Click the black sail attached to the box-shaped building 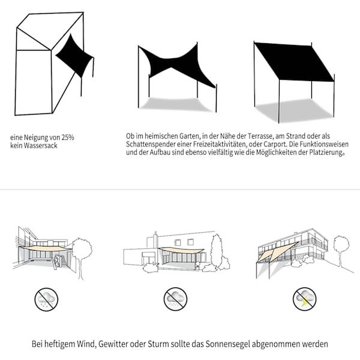click(74, 56)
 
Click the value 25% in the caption click(68, 137)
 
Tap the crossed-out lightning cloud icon click(304, 299)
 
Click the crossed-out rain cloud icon click(175, 299)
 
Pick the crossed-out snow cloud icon click(46, 299)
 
